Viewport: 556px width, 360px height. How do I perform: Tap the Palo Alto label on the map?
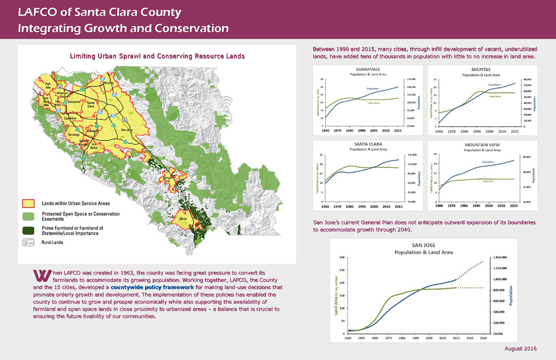[x=48, y=85]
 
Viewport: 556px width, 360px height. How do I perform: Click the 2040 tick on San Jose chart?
[x=482, y=338]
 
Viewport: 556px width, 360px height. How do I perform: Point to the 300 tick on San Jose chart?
[x=342, y=257]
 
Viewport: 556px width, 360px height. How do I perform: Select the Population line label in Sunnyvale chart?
[x=372, y=88]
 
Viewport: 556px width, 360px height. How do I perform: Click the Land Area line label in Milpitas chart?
[x=494, y=97]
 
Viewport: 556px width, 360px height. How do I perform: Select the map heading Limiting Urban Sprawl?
[x=157, y=56]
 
